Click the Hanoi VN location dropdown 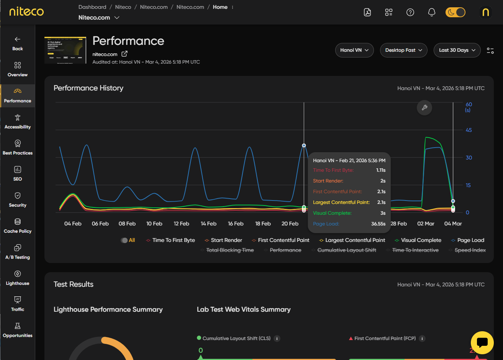[354, 50]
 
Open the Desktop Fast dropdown [403, 50]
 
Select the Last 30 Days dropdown [457, 50]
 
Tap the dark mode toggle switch [455, 12]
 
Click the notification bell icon [431, 12]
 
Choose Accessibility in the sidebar [18, 122]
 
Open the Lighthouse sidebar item [18, 278]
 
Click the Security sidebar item [18, 200]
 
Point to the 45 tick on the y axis [469, 130]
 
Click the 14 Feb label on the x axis [208, 224]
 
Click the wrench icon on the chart [424, 108]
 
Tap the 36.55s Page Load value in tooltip [378, 224]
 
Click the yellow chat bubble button [482, 343]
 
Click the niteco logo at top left [26, 12]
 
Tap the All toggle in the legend [128, 240]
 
